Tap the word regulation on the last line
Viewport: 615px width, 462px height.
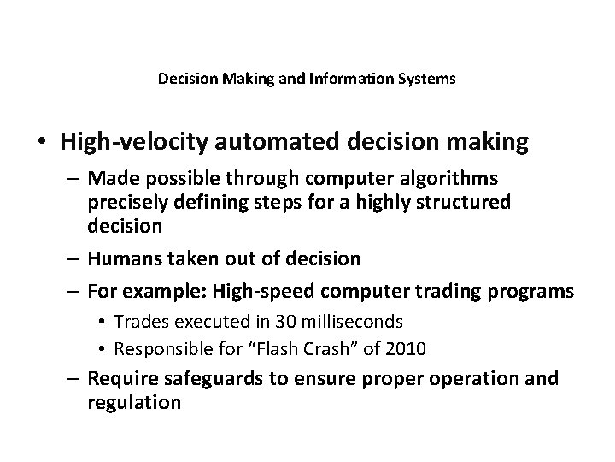pos(133,400)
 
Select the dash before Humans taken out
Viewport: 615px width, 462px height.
pos(73,258)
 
